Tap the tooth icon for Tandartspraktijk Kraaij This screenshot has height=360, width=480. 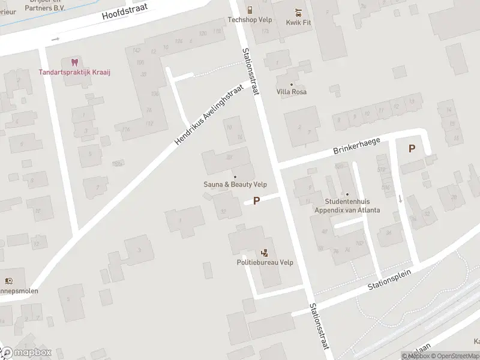pyautogui.click(x=75, y=62)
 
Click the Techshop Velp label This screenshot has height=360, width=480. pyautogui.click(x=250, y=19)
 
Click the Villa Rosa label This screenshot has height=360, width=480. pyautogui.click(x=292, y=92)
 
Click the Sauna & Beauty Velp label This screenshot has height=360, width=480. pyautogui.click(x=235, y=185)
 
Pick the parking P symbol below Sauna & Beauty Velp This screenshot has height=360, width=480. pyautogui.click(x=257, y=201)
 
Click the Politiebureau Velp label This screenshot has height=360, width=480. pyautogui.click(x=265, y=263)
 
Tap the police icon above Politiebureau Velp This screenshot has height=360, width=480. pyautogui.click(x=265, y=253)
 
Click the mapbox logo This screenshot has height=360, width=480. pyautogui.click(x=25, y=353)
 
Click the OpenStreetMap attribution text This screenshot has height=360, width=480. pyautogui.click(x=454, y=356)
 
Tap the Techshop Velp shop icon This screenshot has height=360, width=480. pyautogui.click(x=250, y=10)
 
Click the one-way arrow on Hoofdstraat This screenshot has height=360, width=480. pyautogui.click(x=56, y=40)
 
